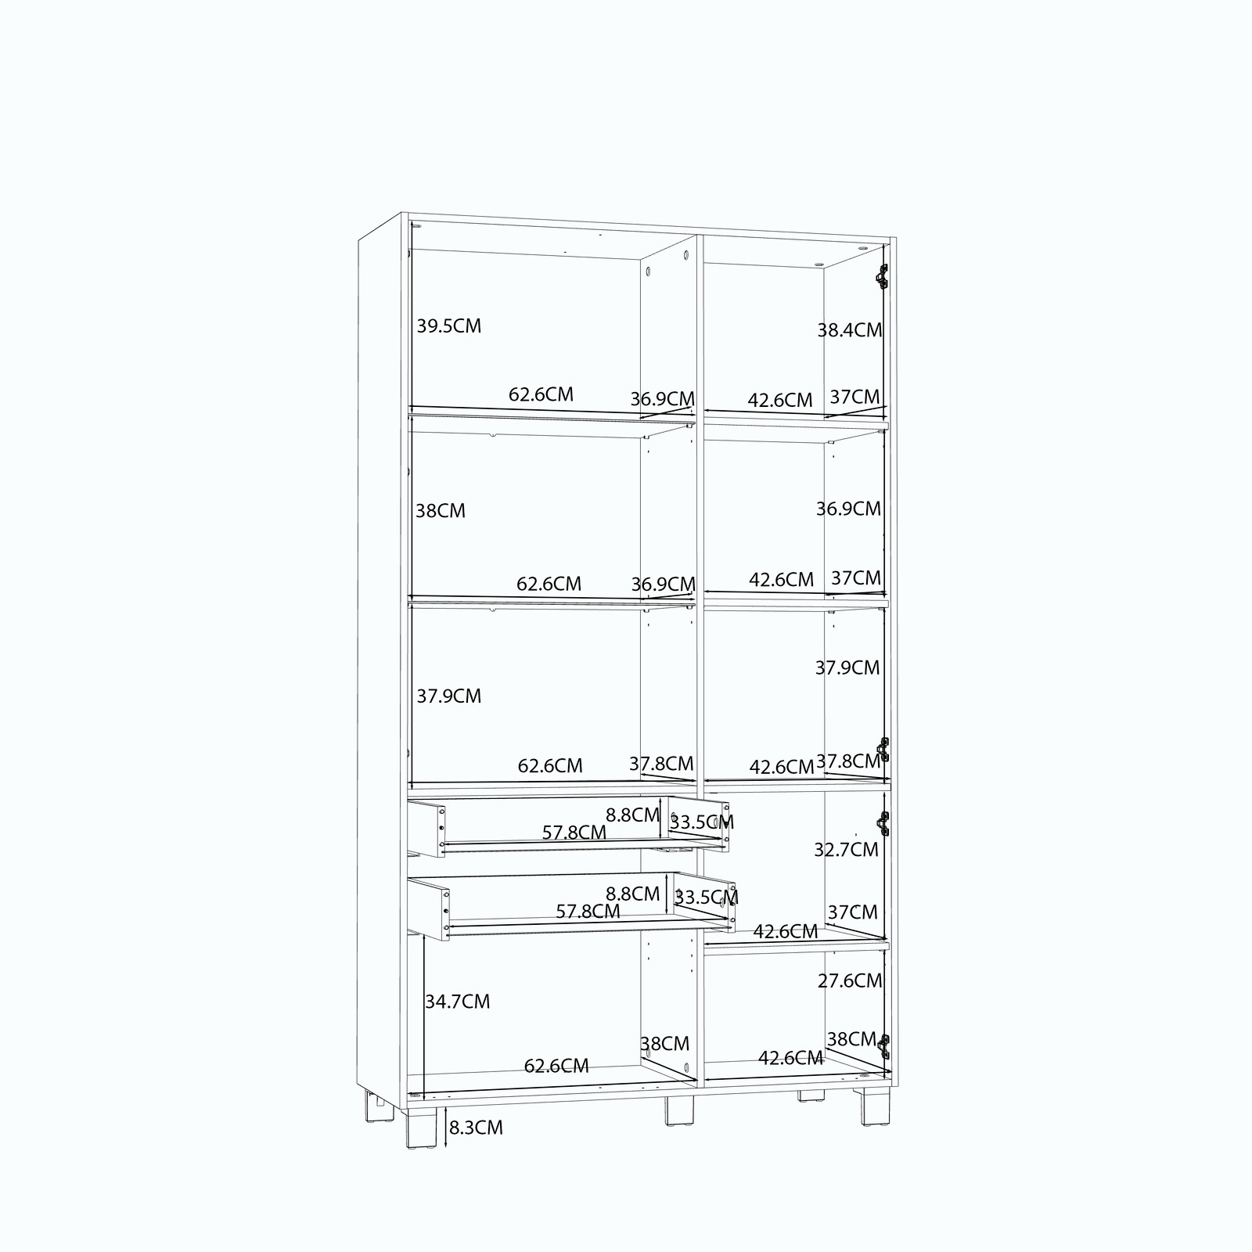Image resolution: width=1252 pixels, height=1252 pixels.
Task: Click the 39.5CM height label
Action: click(448, 326)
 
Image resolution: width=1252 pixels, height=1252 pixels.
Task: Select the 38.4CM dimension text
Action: click(850, 330)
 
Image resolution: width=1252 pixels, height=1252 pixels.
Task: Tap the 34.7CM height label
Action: click(458, 1002)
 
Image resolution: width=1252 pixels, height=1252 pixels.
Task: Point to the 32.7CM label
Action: click(846, 850)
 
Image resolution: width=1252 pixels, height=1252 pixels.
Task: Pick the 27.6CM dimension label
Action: click(850, 980)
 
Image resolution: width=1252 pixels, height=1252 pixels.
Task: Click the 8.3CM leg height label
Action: click(476, 1128)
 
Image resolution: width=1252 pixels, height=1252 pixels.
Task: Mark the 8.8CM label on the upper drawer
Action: click(632, 815)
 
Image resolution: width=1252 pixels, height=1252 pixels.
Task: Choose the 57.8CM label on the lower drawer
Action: click(588, 912)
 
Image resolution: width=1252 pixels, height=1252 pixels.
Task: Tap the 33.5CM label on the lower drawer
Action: click(706, 898)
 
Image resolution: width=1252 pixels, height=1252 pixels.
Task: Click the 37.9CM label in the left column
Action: click(448, 696)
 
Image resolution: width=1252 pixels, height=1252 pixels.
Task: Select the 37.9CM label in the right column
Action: click(847, 668)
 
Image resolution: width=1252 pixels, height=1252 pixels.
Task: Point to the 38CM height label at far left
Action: click(440, 511)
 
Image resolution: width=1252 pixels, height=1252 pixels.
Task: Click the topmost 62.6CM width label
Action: click(541, 394)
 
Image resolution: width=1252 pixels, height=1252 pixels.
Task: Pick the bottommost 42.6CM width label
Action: click(790, 1059)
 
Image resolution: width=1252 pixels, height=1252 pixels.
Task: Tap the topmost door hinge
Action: click(883, 276)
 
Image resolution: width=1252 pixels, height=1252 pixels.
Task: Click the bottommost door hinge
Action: click(884, 1046)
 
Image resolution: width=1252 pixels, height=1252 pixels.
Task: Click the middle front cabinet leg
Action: click(679, 1110)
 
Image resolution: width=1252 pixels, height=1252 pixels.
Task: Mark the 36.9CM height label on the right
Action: click(848, 509)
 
